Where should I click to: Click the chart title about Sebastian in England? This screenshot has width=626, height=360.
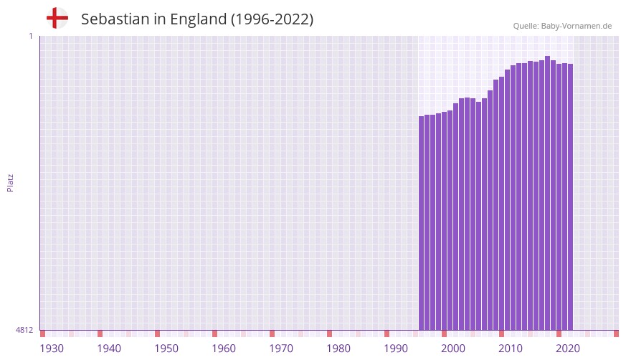click(197, 19)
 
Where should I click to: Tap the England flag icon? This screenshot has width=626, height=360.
click(57, 18)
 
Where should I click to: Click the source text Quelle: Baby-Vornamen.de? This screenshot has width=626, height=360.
click(562, 26)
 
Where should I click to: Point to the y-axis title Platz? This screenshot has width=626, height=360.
click(10, 182)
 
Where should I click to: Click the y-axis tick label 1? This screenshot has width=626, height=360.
click(30, 36)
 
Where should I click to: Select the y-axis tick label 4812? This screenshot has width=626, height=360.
click(24, 330)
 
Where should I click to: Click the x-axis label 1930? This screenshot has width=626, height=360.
click(52, 349)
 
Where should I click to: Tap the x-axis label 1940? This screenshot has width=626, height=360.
click(109, 349)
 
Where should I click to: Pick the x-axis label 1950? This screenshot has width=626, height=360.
click(166, 349)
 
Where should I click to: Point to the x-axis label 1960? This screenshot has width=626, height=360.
click(224, 349)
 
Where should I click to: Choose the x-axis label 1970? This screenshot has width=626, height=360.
click(281, 349)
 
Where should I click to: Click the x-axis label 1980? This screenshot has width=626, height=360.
click(338, 349)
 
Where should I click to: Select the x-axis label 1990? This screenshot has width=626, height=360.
click(396, 349)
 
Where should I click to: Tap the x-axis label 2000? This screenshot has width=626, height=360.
click(453, 349)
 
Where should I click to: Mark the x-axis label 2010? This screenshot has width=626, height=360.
click(511, 349)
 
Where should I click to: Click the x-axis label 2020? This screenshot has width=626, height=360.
click(568, 349)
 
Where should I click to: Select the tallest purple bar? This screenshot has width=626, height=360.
click(548, 194)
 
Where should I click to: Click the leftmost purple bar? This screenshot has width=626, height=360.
click(422, 222)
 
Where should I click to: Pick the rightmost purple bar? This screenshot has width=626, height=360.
click(571, 197)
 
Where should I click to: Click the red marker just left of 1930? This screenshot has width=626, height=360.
click(42, 333)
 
